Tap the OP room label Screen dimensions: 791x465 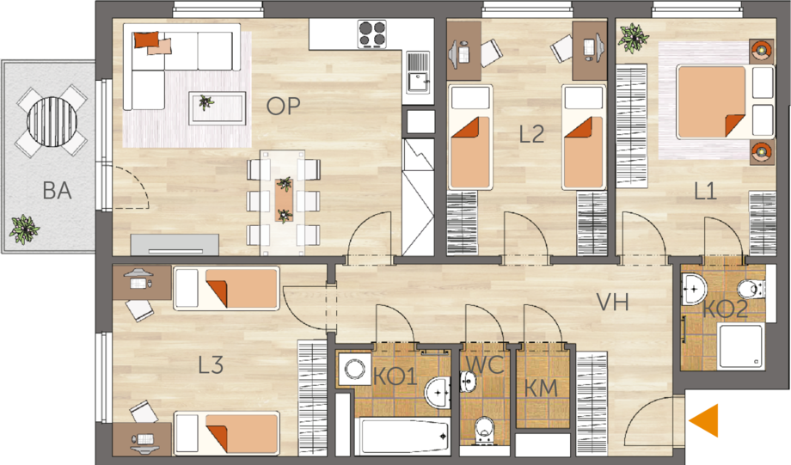pos(283,107)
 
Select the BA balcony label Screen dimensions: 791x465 pos(57,191)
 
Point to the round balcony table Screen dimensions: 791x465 pos(52,121)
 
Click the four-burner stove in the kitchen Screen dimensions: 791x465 pos(371,34)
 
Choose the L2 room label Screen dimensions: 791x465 pos(531,134)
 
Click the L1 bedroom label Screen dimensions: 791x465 pos(705,192)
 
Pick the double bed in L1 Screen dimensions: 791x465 pos(725,102)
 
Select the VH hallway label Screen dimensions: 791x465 pos(612,302)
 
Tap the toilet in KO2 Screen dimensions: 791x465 pos(750,290)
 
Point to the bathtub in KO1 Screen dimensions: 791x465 pos(402,436)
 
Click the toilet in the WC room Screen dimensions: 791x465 pos(484,429)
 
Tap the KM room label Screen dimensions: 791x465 pos(541,389)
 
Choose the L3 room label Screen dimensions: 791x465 pos(211,365)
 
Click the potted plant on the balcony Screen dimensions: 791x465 pos(24,229)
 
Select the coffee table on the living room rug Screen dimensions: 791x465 pos(218,107)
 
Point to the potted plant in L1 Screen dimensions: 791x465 pos(634,38)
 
